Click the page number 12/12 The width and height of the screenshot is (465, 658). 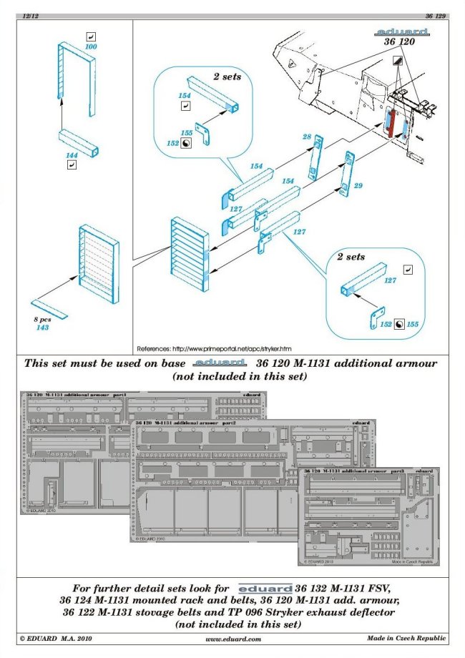pyautogui.click(x=31, y=14)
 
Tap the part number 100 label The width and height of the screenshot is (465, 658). pyautogui.click(x=91, y=46)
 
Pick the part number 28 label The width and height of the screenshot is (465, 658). pyautogui.click(x=306, y=137)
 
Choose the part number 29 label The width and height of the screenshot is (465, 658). pyautogui.click(x=359, y=186)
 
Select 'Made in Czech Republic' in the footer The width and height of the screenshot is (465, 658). pyautogui.click(x=407, y=638)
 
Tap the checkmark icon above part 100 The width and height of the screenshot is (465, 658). pyautogui.click(x=91, y=36)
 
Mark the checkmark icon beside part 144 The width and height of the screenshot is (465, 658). pyautogui.click(x=72, y=164)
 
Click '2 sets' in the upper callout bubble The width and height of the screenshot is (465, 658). pyautogui.click(x=227, y=76)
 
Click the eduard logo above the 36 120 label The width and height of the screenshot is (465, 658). pyautogui.click(x=401, y=33)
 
